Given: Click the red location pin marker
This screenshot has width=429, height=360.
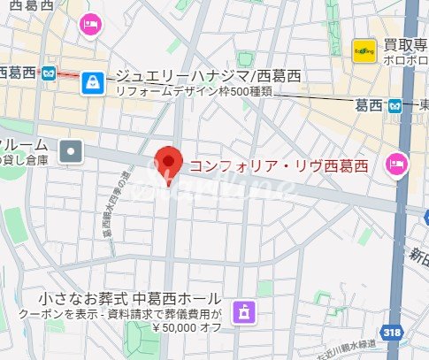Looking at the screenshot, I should point(168,162).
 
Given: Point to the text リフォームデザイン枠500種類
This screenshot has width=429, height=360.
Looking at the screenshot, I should point(209,94).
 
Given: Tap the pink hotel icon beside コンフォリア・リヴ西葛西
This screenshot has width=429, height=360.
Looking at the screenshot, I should point(396,164).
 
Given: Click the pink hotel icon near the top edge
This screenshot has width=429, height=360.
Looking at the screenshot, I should point(89,24).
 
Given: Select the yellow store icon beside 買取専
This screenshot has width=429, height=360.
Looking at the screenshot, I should point(362,50).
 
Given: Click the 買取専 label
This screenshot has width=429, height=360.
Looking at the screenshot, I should point(404,46).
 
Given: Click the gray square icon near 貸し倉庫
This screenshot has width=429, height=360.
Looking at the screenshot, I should point(71,152).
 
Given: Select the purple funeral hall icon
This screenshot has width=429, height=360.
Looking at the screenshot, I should point(240,311).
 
